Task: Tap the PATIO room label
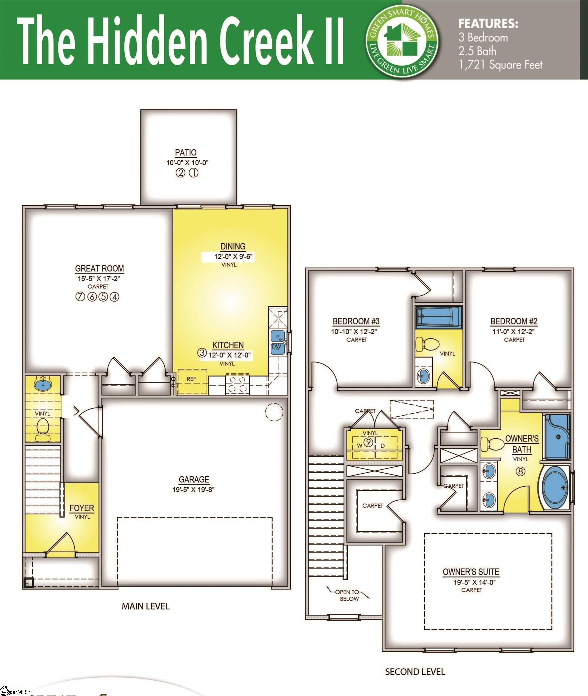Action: pyautogui.click(x=186, y=152)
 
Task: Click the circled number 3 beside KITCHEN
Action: pyautogui.click(x=202, y=353)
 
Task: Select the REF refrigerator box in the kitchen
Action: pyautogui.click(x=192, y=380)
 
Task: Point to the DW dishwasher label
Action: pyautogui.click(x=276, y=347)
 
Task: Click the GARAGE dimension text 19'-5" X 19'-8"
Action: pyautogui.click(x=194, y=490)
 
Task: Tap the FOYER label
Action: pyautogui.click(x=82, y=508)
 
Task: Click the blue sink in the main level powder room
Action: pyautogui.click(x=43, y=384)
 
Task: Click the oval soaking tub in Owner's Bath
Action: pyautogui.click(x=555, y=488)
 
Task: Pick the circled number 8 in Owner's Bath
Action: pyautogui.click(x=520, y=471)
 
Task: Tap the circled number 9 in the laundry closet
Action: pyautogui.click(x=368, y=442)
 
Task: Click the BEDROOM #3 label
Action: pyautogui.click(x=356, y=321)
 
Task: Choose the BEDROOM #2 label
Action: pyautogui.click(x=514, y=321)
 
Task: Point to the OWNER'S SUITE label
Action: pyautogui.click(x=471, y=572)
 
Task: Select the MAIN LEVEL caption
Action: pyautogui.click(x=146, y=606)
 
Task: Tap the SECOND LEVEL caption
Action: pyautogui.click(x=415, y=672)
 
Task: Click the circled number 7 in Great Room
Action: pyautogui.click(x=80, y=297)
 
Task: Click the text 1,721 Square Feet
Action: pyautogui.click(x=500, y=65)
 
